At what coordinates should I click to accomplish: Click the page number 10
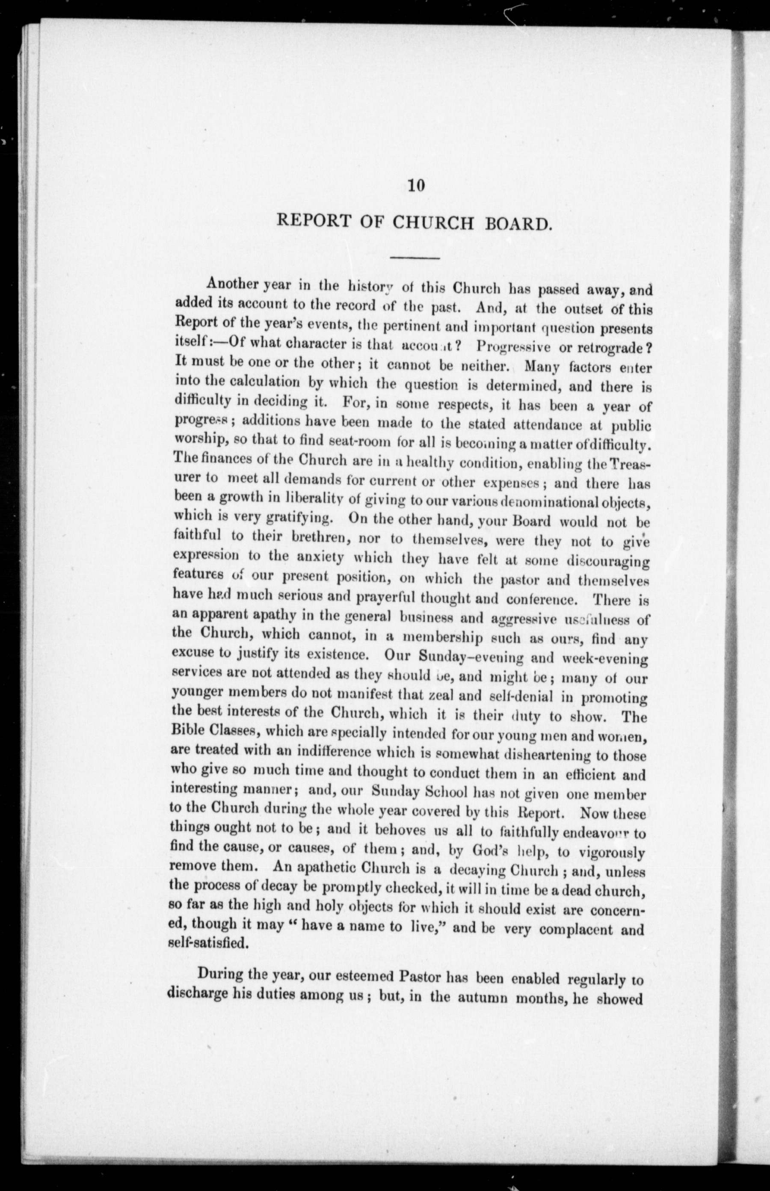click(x=416, y=186)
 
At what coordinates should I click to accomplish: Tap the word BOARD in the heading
click(x=518, y=223)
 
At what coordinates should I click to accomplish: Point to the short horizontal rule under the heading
click(x=414, y=258)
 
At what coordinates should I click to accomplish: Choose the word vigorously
click(x=612, y=852)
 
